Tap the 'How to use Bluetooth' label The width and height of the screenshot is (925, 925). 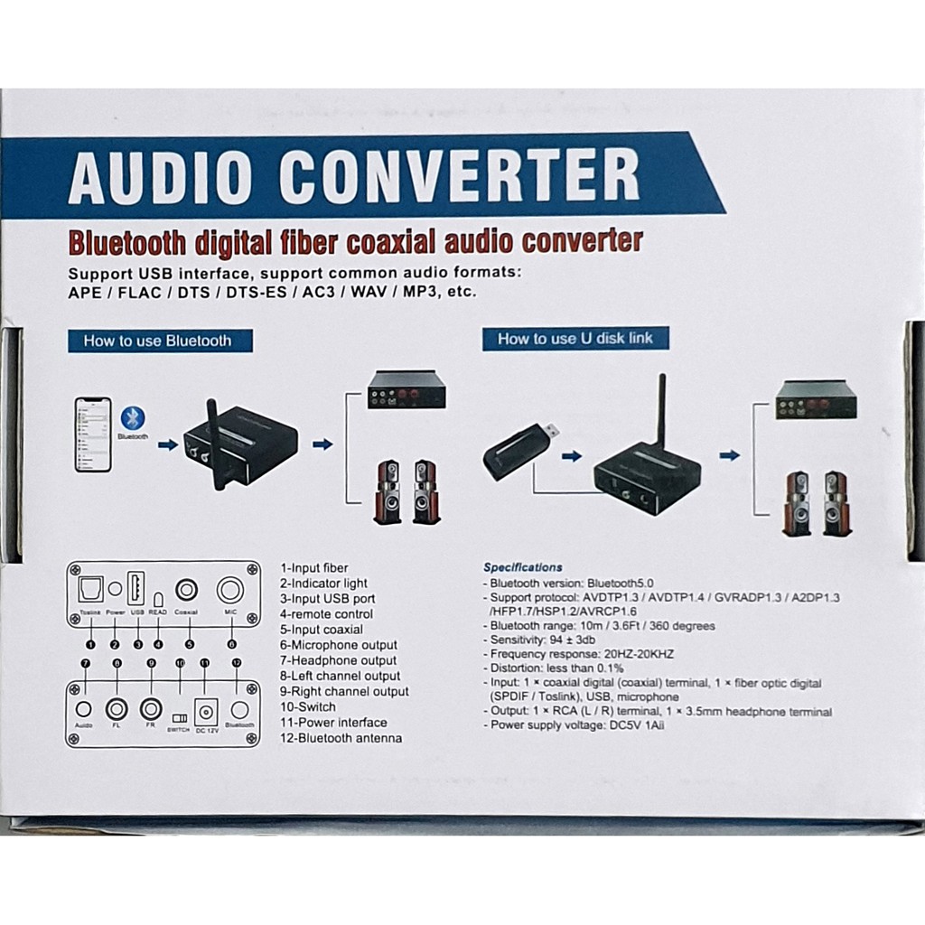click(157, 341)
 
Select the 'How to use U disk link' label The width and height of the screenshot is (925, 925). click(575, 339)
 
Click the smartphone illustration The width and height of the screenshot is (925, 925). click(93, 434)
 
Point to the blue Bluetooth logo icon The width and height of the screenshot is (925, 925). click(134, 417)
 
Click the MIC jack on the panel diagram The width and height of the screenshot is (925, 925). click(229, 591)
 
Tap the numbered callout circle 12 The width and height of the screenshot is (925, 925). click(238, 664)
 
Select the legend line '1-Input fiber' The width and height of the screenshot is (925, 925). click(314, 568)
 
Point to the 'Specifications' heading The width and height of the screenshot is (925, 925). click(523, 567)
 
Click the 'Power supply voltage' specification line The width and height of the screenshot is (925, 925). click(577, 725)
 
